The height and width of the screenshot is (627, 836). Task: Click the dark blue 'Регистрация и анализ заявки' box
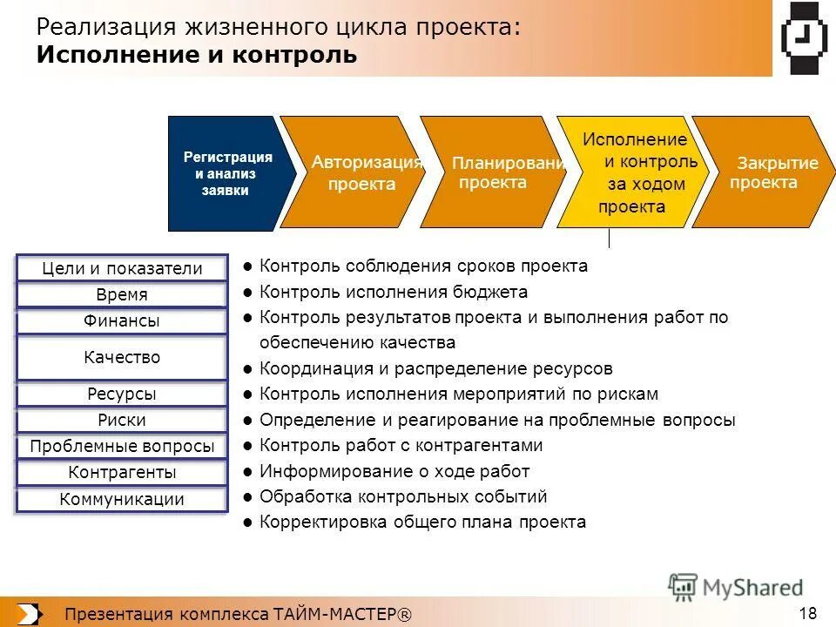point(226,173)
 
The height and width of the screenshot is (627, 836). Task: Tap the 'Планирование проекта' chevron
point(493,172)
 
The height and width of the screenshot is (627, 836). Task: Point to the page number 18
point(807,611)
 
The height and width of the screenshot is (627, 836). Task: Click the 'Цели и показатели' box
point(122,268)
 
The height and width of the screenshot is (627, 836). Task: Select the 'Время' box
point(122,294)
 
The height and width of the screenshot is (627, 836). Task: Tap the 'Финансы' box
point(122,320)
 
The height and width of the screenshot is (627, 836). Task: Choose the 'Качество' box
point(122,357)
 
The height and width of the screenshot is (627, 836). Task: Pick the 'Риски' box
point(122,421)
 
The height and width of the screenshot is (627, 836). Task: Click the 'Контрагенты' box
point(122,473)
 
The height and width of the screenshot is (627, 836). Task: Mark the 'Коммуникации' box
point(122,499)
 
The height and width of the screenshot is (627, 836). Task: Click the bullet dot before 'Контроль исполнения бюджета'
point(248,293)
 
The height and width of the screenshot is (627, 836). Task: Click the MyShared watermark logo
point(736,587)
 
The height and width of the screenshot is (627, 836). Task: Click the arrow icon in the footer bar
point(28,613)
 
